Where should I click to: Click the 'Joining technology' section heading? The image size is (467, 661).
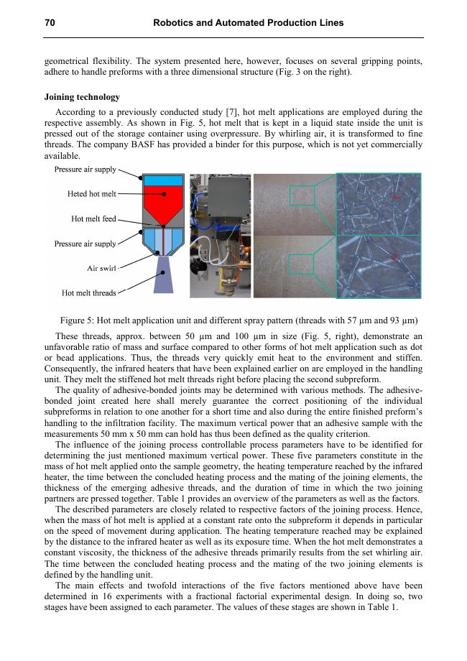tap(82, 97)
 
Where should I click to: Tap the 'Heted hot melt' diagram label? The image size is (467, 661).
tap(91, 194)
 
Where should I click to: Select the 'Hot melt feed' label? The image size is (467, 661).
tap(93, 218)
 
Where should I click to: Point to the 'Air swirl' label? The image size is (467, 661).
tap(101, 268)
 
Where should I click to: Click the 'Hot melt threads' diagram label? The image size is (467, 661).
tap(88, 292)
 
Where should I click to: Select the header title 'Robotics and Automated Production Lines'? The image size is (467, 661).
tap(249, 23)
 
